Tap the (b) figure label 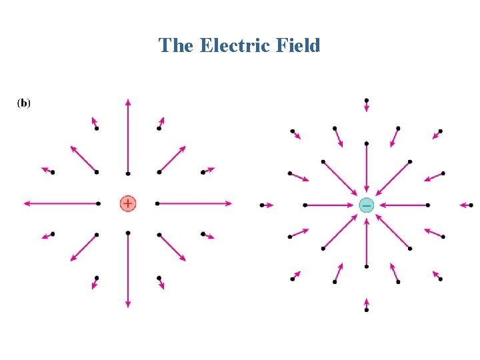pos(23,103)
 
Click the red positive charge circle pos(128,203)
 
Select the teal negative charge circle pos(366,205)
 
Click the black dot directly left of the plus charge pos(98,203)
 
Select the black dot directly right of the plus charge pos(157,203)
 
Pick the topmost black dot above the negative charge pos(367,100)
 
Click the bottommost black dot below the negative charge pos(367,310)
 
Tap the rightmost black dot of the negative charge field pos(471,205)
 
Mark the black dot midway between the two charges pos(262,205)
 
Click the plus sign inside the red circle pos(128,203)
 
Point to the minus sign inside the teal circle pos(366,205)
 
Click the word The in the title pos(177,45)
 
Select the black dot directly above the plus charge pos(128,173)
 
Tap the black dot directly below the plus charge pos(128,233)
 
